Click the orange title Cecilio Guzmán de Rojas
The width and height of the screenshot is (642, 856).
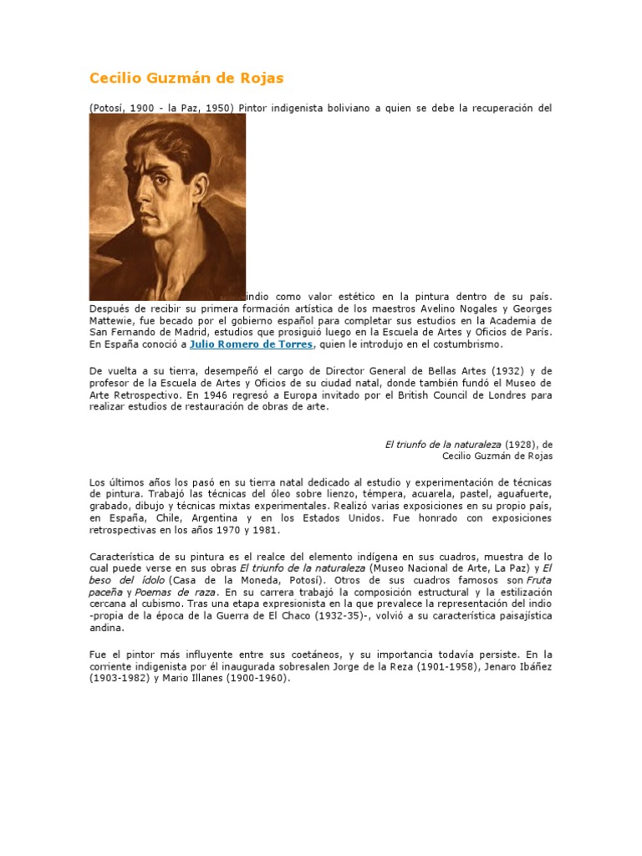186,79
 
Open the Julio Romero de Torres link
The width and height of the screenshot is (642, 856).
252,344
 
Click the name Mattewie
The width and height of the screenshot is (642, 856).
115,320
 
